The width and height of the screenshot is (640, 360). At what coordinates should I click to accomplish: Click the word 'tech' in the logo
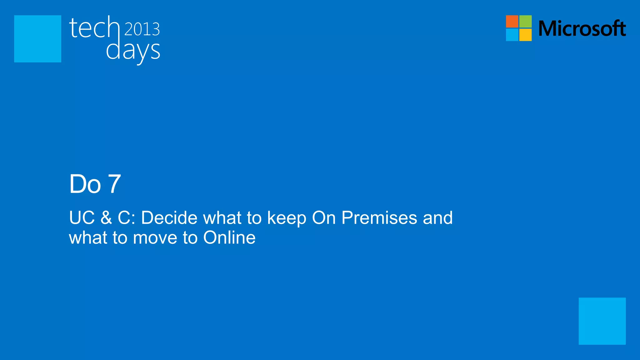(x=94, y=28)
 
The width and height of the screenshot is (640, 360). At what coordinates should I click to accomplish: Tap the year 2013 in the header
(x=142, y=29)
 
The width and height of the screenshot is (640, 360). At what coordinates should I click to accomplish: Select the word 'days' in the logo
(x=133, y=51)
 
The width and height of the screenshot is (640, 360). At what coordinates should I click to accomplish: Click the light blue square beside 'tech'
(x=37, y=39)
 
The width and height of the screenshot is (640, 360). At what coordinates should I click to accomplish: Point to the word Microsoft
(x=582, y=28)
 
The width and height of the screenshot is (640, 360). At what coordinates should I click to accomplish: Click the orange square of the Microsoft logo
(x=512, y=21)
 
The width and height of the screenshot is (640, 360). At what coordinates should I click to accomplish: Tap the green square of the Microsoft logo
(x=526, y=21)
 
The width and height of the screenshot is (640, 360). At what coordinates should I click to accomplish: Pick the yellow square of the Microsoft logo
(x=526, y=35)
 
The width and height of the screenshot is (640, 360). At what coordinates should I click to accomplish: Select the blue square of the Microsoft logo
(x=512, y=35)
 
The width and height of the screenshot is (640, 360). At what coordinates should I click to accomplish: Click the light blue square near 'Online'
(x=602, y=321)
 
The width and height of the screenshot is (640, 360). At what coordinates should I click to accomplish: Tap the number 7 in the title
(x=114, y=184)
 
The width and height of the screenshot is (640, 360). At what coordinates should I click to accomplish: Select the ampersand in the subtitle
(x=106, y=217)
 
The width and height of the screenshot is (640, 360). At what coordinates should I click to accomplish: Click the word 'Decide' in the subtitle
(x=169, y=217)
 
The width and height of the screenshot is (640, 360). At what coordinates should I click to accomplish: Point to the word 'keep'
(x=287, y=218)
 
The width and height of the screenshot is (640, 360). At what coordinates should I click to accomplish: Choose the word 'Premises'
(x=379, y=217)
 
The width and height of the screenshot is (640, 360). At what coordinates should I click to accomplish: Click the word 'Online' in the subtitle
(x=229, y=237)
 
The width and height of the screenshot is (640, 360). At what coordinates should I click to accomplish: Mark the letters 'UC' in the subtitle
(x=82, y=217)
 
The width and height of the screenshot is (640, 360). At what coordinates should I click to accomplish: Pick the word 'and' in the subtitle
(x=437, y=217)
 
